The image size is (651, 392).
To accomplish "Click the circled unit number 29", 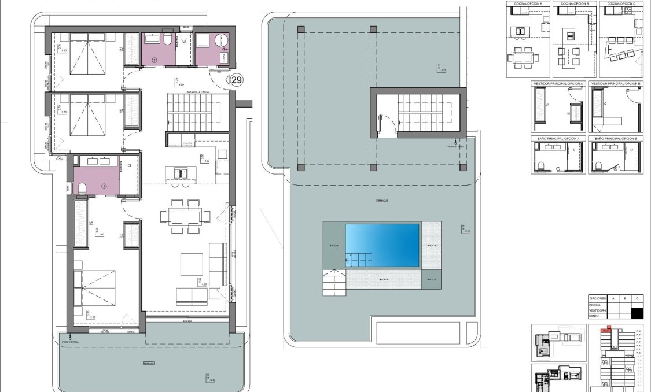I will click(x=236, y=80).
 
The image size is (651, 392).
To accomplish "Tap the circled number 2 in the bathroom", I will click(x=154, y=60).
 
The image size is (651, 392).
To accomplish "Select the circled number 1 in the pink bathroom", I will click(x=104, y=186).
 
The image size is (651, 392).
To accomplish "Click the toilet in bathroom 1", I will click(x=82, y=187).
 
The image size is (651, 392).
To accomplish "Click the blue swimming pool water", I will click(x=382, y=245).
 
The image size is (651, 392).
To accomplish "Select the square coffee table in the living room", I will click(x=192, y=264).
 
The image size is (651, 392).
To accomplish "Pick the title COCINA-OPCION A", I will click(x=527, y=3).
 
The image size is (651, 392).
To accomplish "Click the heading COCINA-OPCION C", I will click(x=621, y=3).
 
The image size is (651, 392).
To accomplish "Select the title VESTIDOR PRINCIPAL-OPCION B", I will click(x=616, y=84).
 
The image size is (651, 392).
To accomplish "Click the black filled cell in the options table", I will click(x=637, y=313).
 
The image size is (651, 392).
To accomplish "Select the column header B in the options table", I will click(x=624, y=299).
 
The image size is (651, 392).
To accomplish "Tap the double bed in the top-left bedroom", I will click(x=88, y=54).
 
